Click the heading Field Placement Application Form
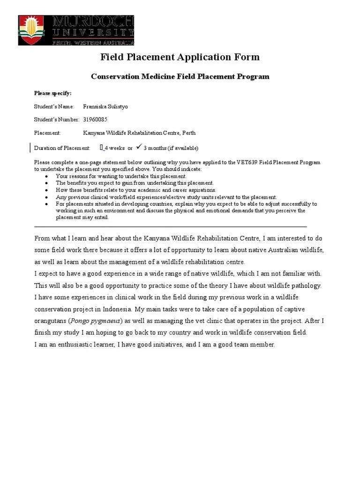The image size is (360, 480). tap(180, 57)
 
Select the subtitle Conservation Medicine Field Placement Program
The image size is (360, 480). tap(180, 76)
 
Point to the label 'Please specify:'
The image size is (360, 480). tap(53, 93)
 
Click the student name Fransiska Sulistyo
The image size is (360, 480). tap(105, 106)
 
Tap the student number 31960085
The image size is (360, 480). tap(95, 120)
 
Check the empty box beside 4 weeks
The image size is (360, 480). tap(101, 148)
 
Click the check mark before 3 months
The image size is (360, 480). tap(139, 147)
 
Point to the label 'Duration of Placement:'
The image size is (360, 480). tap(62, 148)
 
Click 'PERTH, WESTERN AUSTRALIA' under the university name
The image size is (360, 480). tap(93, 43)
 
